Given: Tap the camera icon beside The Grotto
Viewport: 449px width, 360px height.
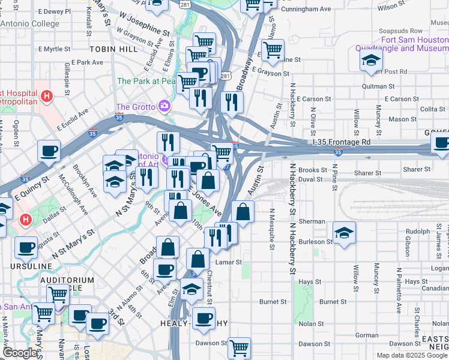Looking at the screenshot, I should click(164, 106).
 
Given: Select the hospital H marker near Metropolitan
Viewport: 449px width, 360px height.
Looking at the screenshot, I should click(47, 95).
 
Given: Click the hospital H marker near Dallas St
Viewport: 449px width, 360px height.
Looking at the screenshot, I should click(25, 220).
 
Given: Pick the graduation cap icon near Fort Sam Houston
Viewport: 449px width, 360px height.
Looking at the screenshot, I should click(372, 59).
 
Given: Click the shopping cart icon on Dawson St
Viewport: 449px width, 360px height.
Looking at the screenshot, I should click(239, 347).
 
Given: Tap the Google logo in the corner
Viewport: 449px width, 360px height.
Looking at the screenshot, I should click(20, 353).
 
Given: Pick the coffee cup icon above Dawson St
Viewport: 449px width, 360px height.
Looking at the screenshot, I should click(203, 317).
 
